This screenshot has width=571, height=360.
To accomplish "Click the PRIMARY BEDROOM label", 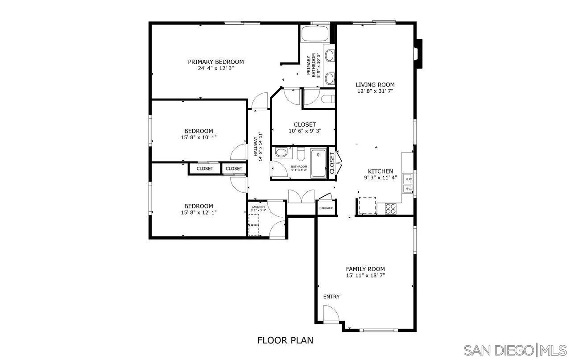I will [215, 62].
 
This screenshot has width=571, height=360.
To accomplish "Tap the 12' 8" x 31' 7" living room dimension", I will [375, 91].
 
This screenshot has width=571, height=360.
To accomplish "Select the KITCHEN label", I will [380, 171].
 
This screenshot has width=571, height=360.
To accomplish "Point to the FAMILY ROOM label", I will [365, 269].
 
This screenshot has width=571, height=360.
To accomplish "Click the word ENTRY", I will [331, 297].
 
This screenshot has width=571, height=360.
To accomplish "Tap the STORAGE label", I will [326, 208].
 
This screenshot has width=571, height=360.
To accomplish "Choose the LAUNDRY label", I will [258, 207].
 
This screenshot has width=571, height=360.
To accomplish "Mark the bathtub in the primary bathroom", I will [314, 34].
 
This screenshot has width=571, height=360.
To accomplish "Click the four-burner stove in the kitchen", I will [391, 208].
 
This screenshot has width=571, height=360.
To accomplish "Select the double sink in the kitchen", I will [408, 184].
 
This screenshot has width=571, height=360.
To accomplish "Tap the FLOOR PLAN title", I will [285, 340].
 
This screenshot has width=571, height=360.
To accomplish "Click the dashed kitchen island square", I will [367, 205].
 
